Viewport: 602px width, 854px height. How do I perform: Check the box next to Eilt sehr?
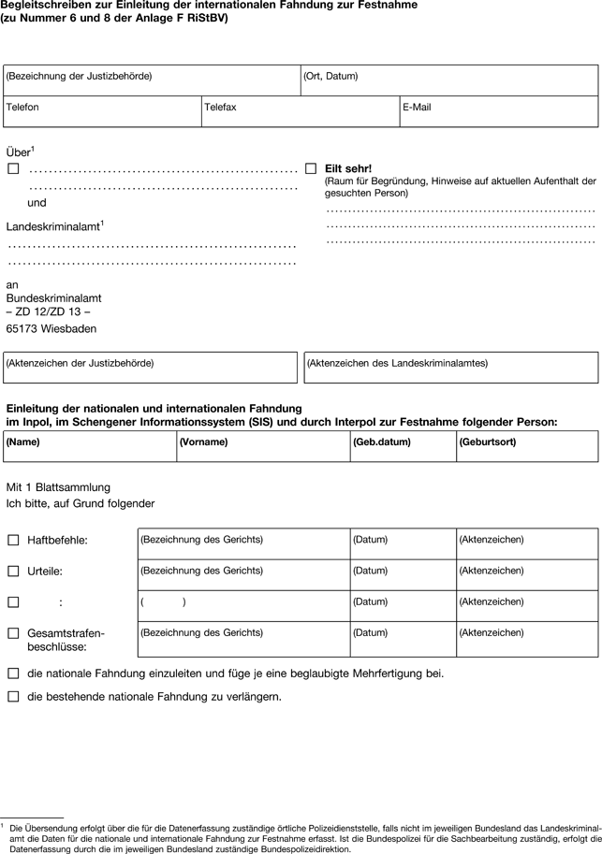point(311,168)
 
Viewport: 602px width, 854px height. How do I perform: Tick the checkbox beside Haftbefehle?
point(13,540)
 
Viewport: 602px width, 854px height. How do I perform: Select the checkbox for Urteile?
point(13,571)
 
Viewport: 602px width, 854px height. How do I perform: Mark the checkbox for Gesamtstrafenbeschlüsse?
point(13,633)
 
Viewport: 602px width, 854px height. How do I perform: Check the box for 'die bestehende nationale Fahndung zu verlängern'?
point(13,697)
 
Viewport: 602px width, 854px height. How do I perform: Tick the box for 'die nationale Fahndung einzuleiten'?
point(13,673)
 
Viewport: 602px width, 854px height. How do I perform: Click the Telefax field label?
point(220,108)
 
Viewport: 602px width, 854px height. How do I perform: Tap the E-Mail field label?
point(417,108)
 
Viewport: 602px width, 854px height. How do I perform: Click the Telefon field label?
point(22,108)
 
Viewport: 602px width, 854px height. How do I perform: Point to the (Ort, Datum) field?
point(330,76)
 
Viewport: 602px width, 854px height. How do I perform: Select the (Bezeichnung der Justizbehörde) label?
point(79,76)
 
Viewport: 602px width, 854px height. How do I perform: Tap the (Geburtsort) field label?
point(488,441)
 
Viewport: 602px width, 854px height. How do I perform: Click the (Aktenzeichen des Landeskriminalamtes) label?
point(398,363)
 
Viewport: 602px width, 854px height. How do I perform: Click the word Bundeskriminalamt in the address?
point(53,297)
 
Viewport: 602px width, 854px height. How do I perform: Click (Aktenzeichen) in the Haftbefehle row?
point(492,540)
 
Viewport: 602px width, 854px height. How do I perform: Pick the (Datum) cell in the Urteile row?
point(370,571)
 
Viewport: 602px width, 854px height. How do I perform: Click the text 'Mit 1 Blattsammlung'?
point(58,487)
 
